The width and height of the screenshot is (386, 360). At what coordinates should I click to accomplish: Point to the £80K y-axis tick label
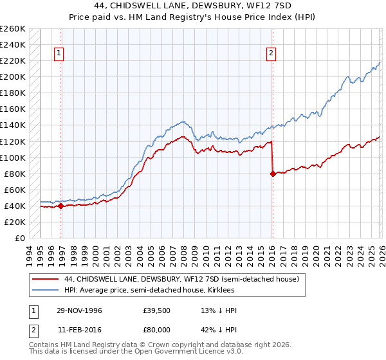[x=15, y=174]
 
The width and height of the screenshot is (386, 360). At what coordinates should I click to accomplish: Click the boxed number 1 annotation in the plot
[x=59, y=53]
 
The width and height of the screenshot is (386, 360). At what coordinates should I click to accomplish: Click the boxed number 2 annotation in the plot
[x=271, y=53]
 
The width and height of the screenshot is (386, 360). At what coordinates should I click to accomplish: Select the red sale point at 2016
[x=273, y=173]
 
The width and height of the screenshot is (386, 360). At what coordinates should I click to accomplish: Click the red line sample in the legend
[x=46, y=280]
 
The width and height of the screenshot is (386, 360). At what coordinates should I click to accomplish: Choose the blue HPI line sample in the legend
[x=46, y=291]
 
